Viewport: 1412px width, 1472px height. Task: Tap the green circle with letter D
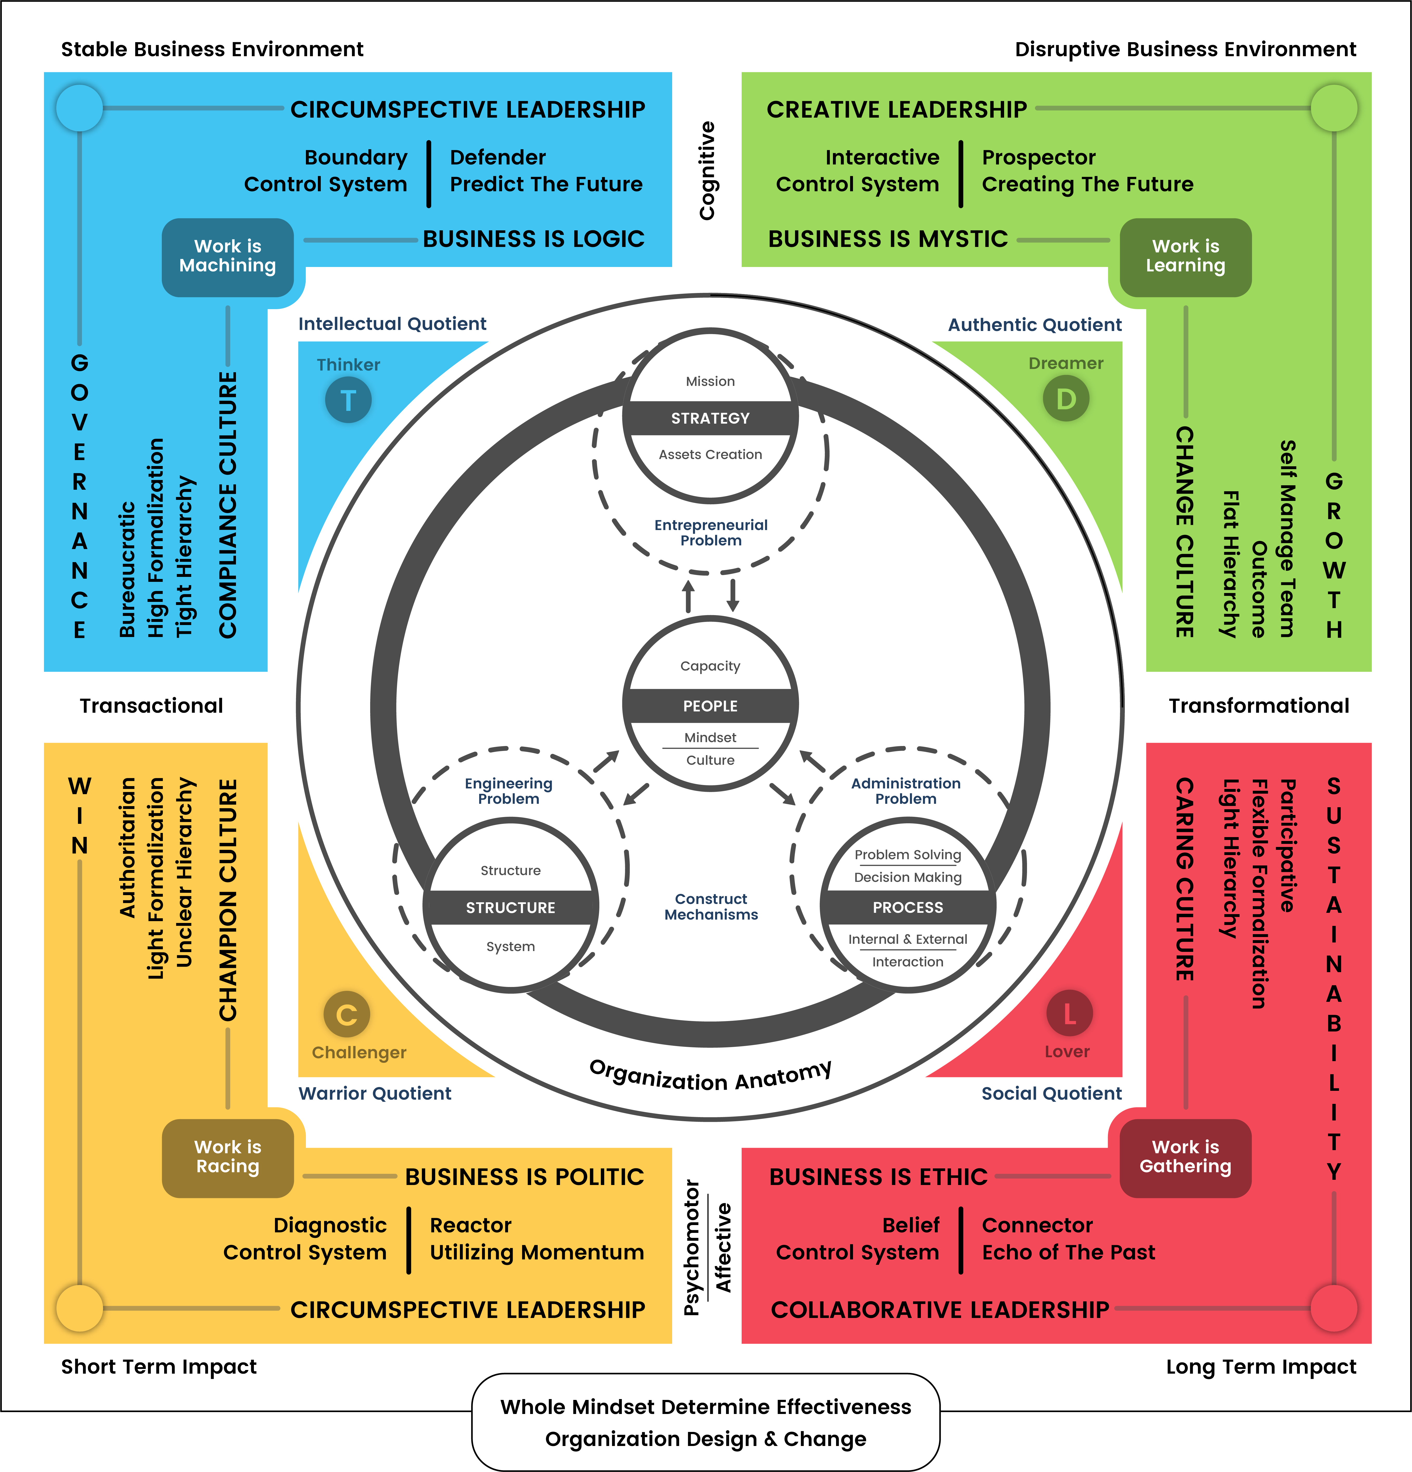[1066, 399]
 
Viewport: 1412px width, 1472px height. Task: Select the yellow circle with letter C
[347, 1015]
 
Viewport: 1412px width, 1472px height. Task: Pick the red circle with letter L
[1069, 1014]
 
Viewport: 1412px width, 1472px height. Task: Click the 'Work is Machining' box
[227, 257]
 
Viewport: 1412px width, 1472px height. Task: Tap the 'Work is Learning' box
[1185, 257]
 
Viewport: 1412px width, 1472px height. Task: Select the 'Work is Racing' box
[227, 1157]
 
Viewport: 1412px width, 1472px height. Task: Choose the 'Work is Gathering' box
[1185, 1157]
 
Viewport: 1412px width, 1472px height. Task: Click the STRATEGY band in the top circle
[710, 418]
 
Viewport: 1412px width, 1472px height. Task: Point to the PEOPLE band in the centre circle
[710, 706]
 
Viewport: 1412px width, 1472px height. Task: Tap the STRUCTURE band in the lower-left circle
[510, 907]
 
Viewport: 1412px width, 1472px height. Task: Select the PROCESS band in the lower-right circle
[908, 907]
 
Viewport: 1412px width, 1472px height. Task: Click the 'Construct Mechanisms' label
[711, 907]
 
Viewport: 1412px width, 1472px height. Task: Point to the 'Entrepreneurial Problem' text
[711, 532]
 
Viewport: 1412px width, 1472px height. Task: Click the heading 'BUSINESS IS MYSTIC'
[888, 239]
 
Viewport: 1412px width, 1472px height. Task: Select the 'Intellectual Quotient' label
[392, 324]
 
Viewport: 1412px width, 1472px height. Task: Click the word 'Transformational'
[1259, 706]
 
